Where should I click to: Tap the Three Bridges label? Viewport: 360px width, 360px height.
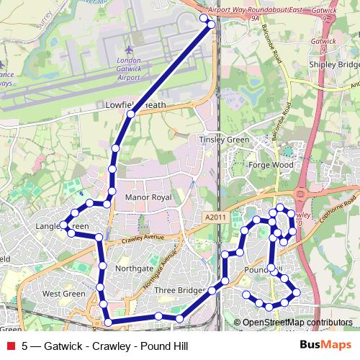[x=176, y=290]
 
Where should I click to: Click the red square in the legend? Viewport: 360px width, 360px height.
[x=10, y=346]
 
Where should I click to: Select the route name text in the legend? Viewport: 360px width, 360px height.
[x=105, y=346]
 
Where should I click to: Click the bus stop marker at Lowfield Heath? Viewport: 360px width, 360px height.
[x=131, y=114]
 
